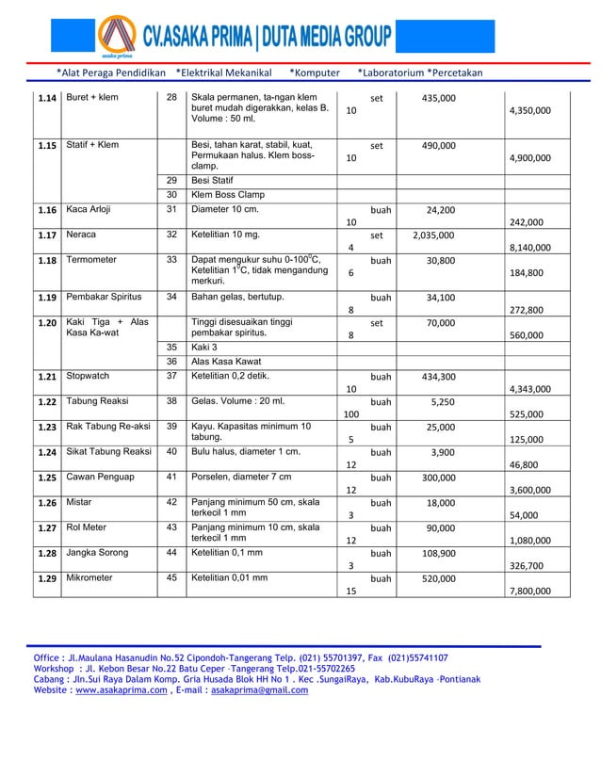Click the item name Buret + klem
tap(91, 98)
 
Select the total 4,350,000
tap(531, 110)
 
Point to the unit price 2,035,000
tap(432, 235)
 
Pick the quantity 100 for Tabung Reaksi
tap(351, 413)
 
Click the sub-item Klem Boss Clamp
tap(227, 195)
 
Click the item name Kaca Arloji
tap(89, 209)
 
